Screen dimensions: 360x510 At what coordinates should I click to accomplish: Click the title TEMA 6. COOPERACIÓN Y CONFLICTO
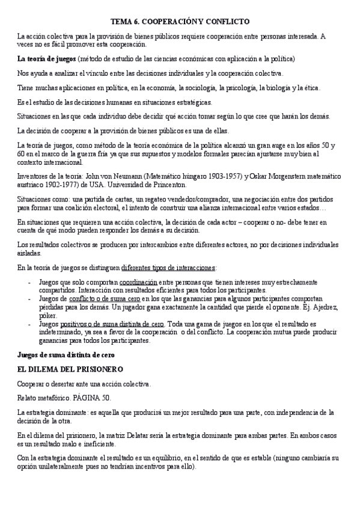tap(180, 21)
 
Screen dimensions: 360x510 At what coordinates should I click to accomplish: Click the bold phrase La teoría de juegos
tap(46, 59)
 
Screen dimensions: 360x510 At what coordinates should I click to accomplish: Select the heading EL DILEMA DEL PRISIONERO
tap(70, 369)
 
